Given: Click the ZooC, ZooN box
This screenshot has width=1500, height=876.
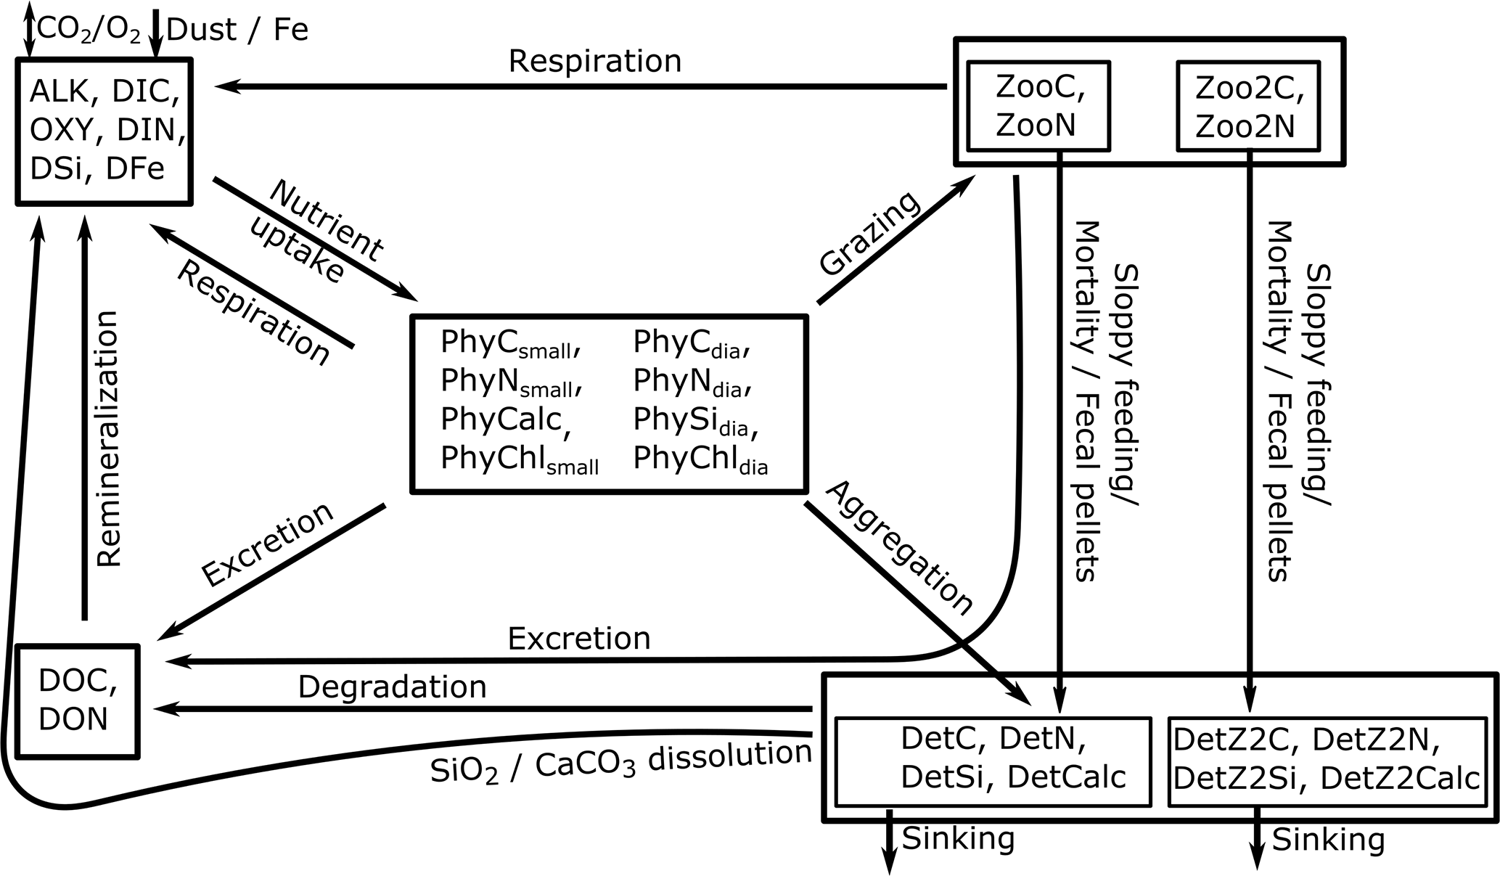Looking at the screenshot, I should point(1038,106).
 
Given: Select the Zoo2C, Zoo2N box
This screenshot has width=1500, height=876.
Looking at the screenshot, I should point(1247,106).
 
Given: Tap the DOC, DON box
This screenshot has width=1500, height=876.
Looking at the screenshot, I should point(77,701).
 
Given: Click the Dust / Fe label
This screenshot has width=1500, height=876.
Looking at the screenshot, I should point(237,30).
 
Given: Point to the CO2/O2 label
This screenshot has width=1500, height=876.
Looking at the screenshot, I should point(89,30).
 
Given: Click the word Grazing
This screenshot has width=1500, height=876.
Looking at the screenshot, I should point(869,234).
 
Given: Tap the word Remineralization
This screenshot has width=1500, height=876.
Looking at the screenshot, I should point(107,439).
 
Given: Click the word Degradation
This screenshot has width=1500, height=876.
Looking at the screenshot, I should point(392,687).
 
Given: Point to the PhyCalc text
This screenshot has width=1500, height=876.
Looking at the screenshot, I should point(501,419).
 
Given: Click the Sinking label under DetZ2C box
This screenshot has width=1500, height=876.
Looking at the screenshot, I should point(1328,840).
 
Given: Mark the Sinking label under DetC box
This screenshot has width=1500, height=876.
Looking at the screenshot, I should point(958,838).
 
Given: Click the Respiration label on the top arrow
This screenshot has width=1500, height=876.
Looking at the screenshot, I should point(595,62).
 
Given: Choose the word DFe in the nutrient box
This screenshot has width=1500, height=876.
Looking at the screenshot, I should point(135,168).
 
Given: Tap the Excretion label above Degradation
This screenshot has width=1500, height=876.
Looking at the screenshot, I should point(578,639).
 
